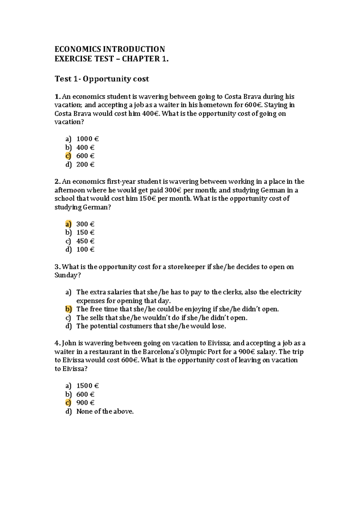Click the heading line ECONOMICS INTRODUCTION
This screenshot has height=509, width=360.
click(x=109, y=49)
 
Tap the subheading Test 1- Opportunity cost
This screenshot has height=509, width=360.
click(x=102, y=79)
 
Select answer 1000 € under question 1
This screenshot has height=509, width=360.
click(x=87, y=139)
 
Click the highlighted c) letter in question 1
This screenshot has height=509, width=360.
click(x=68, y=156)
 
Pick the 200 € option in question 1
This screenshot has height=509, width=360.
click(x=85, y=165)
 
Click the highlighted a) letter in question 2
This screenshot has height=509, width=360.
click(x=68, y=224)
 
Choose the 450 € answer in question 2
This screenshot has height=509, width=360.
click(x=85, y=241)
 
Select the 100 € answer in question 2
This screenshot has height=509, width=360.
click(x=85, y=249)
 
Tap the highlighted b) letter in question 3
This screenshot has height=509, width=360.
click(x=68, y=309)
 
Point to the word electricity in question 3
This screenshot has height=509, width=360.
click(x=286, y=292)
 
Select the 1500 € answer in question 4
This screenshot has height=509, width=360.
click(x=87, y=386)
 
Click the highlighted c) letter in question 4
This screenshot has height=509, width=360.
click(x=68, y=403)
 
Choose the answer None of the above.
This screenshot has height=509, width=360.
click(x=105, y=411)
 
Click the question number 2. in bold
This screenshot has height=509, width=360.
click(x=58, y=182)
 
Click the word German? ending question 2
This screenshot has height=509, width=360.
click(x=97, y=207)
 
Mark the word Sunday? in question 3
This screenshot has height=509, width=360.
click(x=67, y=275)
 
